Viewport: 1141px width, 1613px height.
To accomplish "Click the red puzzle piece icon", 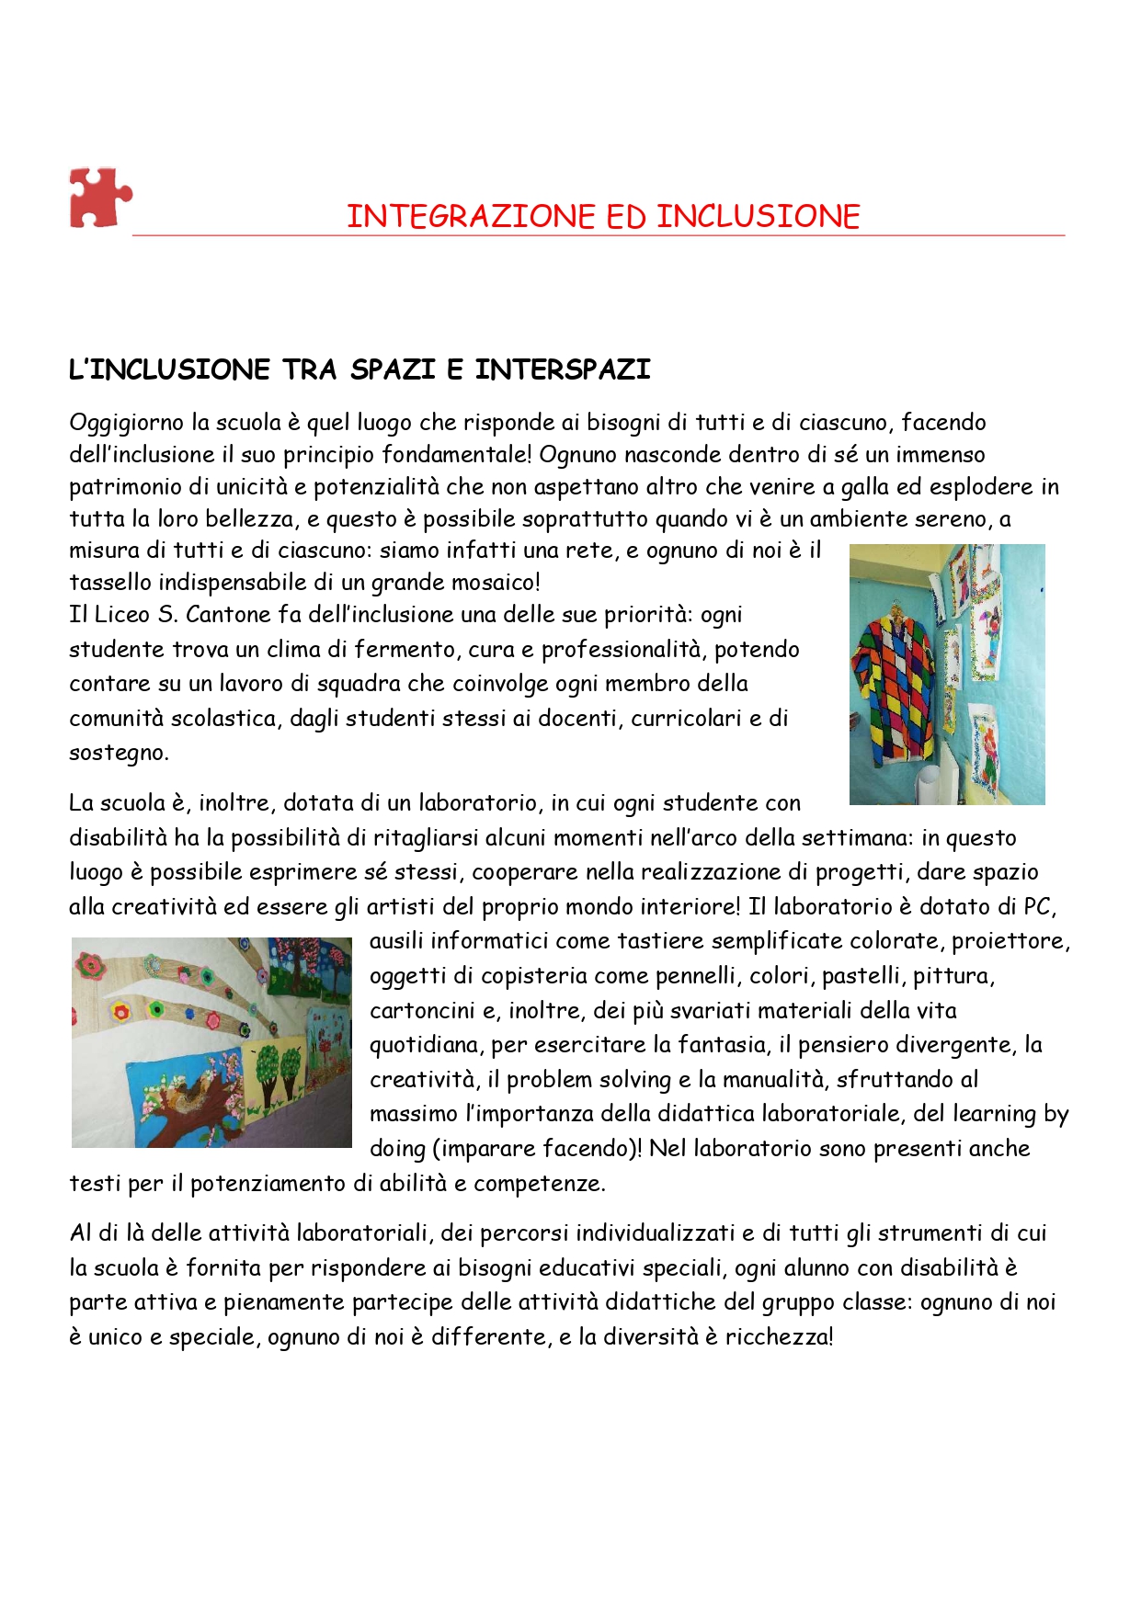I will (x=99, y=198).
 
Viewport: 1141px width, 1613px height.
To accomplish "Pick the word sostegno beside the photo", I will (x=118, y=754).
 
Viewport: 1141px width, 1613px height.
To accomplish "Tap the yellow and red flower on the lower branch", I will (x=120, y=1011).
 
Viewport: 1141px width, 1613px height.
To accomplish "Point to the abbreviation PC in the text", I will (x=1037, y=907).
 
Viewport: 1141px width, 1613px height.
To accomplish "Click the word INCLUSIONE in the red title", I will (x=758, y=217).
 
